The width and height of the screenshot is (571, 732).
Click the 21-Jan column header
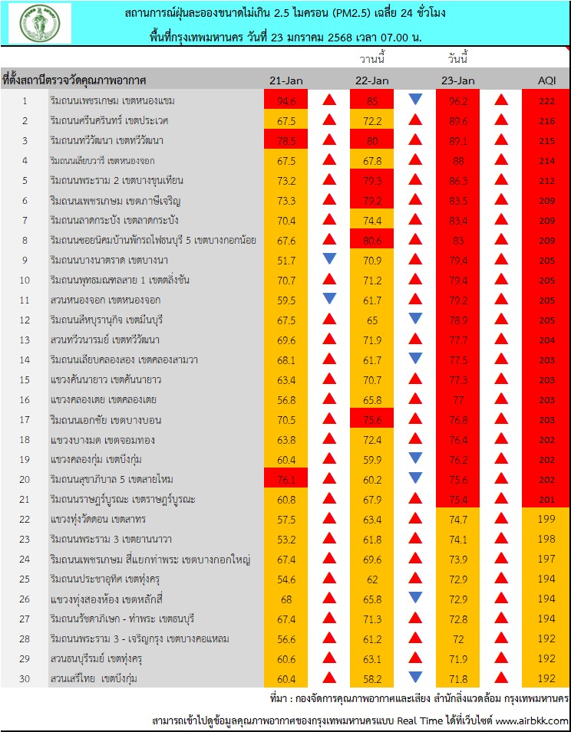click(285, 80)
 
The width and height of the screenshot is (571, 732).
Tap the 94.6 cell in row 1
click(285, 100)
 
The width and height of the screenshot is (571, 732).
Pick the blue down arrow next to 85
click(415, 100)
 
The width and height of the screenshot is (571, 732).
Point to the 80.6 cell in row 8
click(371, 240)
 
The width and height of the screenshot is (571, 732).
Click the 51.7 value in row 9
click(285, 260)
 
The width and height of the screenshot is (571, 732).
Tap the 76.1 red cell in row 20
click(285, 479)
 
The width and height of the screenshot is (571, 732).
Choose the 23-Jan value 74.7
click(458, 519)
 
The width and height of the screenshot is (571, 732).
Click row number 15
click(25, 379)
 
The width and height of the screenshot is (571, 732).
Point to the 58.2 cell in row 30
click(371, 678)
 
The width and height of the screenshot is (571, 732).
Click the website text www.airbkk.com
click(531, 721)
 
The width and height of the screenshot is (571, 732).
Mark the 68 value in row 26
click(285, 599)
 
